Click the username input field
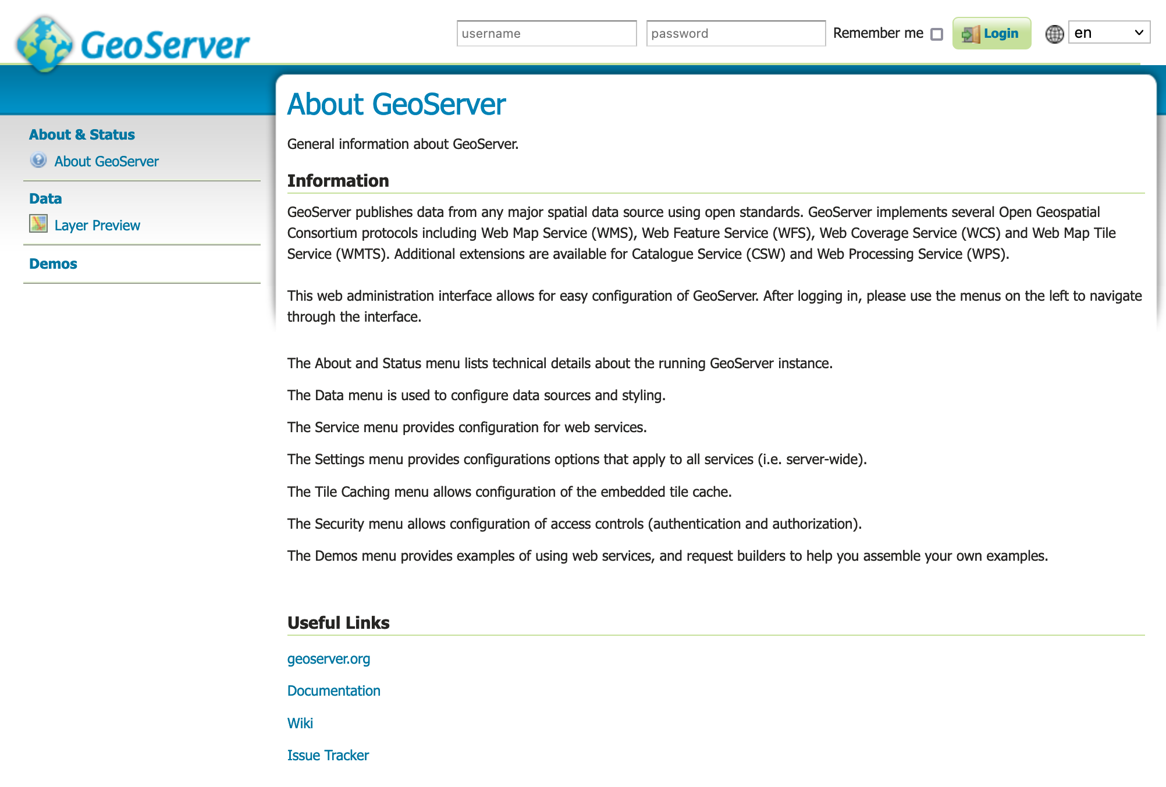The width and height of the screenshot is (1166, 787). (x=546, y=33)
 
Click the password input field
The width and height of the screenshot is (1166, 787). (x=735, y=33)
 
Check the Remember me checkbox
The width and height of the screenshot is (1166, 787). (x=937, y=34)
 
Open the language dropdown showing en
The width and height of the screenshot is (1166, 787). (x=1109, y=33)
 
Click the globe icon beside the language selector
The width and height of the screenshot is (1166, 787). (x=1054, y=34)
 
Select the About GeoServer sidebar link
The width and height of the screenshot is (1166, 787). (x=106, y=161)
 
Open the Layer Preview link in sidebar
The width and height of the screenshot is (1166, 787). (x=97, y=225)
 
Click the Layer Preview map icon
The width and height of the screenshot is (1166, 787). (x=38, y=223)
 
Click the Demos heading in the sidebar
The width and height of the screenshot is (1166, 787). (x=53, y=263)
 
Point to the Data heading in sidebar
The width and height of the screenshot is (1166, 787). (x=45, y=198)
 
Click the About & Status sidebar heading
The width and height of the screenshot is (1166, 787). (x=82, y=134)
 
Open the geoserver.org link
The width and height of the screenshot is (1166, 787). (x=329, y=658)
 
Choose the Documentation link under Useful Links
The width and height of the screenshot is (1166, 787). (x=334, y=690)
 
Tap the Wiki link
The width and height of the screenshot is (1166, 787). (x=300, y=723)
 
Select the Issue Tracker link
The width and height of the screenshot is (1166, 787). (x=328, y=755)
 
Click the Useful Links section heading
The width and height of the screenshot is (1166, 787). (x=339, y=622)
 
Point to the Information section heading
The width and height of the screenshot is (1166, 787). (x=338, y=180)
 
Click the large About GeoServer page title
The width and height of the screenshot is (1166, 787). (x=397, y=104)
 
